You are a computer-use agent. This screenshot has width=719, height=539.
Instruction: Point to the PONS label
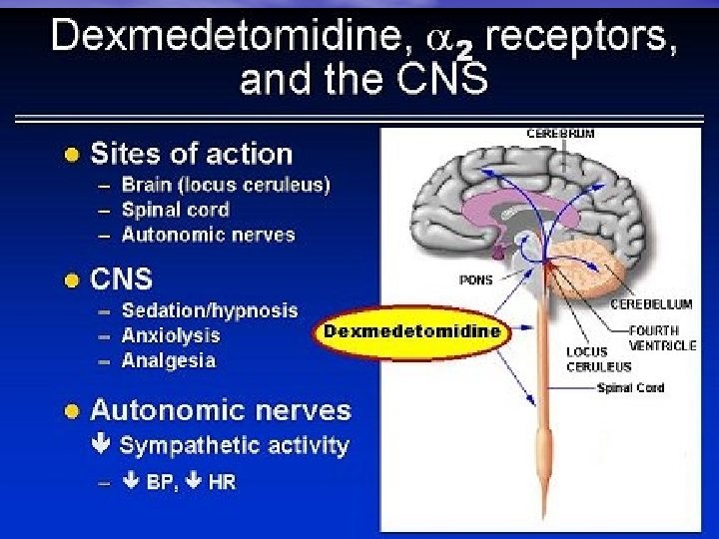475,279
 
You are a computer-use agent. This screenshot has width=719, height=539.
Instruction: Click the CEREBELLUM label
651,303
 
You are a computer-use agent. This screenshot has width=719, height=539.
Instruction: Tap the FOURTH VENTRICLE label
663,337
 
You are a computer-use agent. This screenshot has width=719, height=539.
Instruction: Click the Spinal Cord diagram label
630,387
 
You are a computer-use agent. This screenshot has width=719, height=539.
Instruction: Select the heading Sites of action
191,154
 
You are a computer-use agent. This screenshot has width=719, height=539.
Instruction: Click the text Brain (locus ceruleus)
225,184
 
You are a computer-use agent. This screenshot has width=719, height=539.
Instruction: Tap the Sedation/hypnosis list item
209,310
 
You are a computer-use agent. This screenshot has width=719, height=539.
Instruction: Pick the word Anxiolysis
170,335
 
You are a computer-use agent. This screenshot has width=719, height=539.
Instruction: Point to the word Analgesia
168,360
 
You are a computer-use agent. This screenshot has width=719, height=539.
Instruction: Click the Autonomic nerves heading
221,410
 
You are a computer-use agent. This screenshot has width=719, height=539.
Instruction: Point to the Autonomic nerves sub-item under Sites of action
208,235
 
